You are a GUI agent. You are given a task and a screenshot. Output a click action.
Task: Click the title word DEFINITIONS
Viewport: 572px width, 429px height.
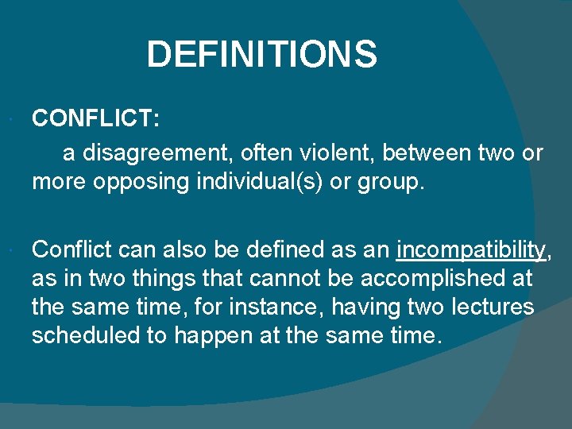pyautogui.click(x=261, y=55)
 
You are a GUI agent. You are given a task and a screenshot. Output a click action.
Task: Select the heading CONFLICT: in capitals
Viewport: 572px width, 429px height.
pyautogui.click(x=96, y=119)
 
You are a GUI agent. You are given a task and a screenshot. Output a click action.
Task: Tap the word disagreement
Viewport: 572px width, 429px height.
pyautogui.click(x=159, y=152)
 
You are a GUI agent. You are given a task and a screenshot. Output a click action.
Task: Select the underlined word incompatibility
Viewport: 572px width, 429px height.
pyautogui.click(x=470, y=251)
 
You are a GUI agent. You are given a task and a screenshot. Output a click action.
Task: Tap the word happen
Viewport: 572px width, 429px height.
pyautogui.click(x=218, y=335)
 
